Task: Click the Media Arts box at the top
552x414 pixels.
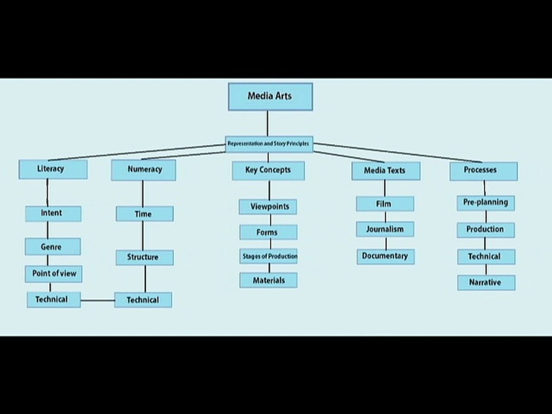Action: [x=270, y=97]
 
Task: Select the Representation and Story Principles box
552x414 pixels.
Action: [x=269, y=143]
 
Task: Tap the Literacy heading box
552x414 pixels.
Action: [x=52, y=169]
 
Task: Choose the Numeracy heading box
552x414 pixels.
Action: [x=144, y=170]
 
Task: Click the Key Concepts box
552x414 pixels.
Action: [x=268, y=170]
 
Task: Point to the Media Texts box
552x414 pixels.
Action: [x=385, y=171]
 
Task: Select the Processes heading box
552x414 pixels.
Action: [x=482, y=170]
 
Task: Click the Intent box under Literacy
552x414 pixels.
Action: [x=52, y=213]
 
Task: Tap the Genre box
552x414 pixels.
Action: [x=52, y=247]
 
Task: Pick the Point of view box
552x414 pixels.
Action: [x=53, y=274]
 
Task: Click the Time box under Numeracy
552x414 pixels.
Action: [x=144, y=214]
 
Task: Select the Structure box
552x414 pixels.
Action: [x=144, y=257]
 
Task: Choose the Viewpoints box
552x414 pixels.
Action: [x=268, y=206]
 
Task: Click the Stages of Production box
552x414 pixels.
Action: [x=269, y=256]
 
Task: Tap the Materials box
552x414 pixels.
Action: [x=268, y=280]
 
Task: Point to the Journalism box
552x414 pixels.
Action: [x=385, y=229]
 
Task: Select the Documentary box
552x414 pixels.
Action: [x=385, y=256]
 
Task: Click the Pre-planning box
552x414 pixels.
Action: [x=485, y=202]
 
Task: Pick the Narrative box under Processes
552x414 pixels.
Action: [x=485, y=282]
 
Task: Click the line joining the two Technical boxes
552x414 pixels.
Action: [x=97, y=300]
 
